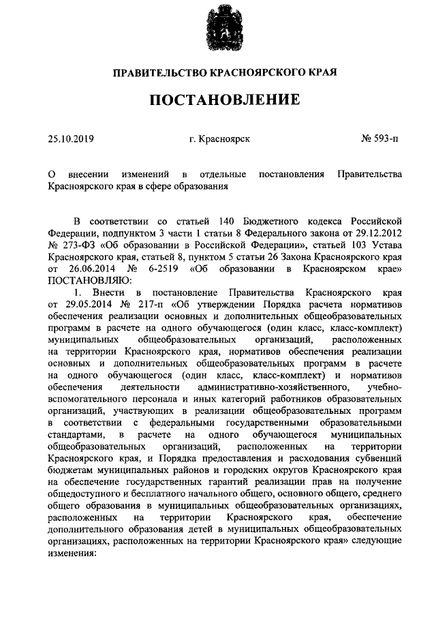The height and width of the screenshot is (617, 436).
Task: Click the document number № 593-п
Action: pyautogui.click(x=379, y=138)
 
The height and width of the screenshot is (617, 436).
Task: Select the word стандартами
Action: pyautogui.click(x=76, y=432)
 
